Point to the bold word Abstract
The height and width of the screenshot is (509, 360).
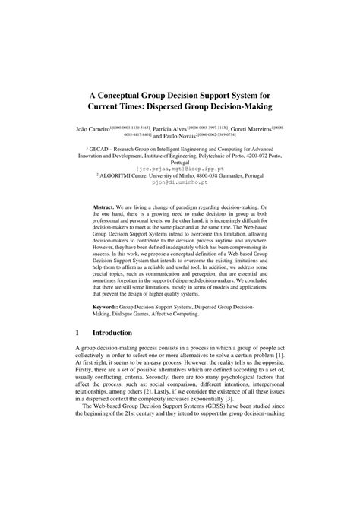[105, 207]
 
